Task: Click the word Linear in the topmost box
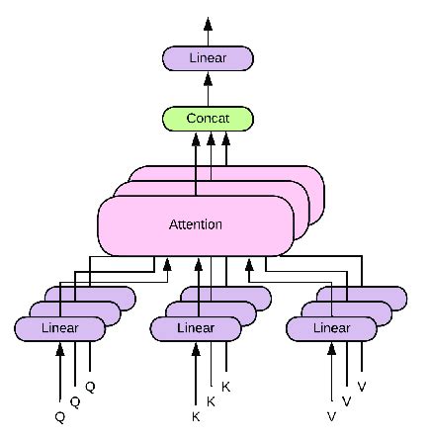[208, 58]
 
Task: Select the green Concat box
[208, 119]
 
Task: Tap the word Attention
[195, 224]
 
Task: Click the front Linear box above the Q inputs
[60, 327]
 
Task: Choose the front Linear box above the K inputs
[195, 327]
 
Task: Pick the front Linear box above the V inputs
[330, 327]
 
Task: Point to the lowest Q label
[60, 417]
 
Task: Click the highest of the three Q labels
[90, 387]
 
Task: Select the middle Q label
[75, 402]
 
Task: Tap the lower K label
[196, 417]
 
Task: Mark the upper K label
[225, 387]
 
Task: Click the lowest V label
[330, 417]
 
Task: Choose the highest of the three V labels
[361, 387]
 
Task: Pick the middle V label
[346, 401]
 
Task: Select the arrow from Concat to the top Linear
[208, 89]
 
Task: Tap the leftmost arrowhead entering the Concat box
[195, 137]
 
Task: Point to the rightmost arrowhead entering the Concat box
[225, 137]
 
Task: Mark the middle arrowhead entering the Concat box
[211, 137]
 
